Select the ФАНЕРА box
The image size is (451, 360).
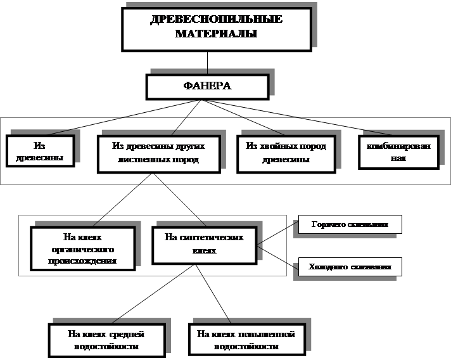(207, 87)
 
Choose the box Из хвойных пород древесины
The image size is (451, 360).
(285, 153)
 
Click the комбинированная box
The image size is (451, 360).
(398, 152)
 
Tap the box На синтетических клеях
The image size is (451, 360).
(206, 245)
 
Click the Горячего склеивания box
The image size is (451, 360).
(350, 224)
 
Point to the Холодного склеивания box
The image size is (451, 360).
(350, 267)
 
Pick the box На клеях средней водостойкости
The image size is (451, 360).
(106, 340)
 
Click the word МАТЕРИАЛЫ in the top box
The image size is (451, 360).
(216, 34)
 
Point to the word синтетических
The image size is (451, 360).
(207, 238)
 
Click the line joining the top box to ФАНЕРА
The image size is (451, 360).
(207, 63)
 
